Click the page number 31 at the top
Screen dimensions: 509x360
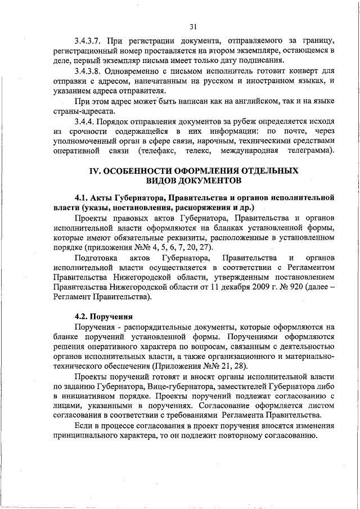click(193, 26)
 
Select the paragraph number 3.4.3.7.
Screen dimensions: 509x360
click(90, 41)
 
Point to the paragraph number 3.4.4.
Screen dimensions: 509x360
click(85, 121)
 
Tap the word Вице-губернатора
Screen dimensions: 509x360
click(183, 387)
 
